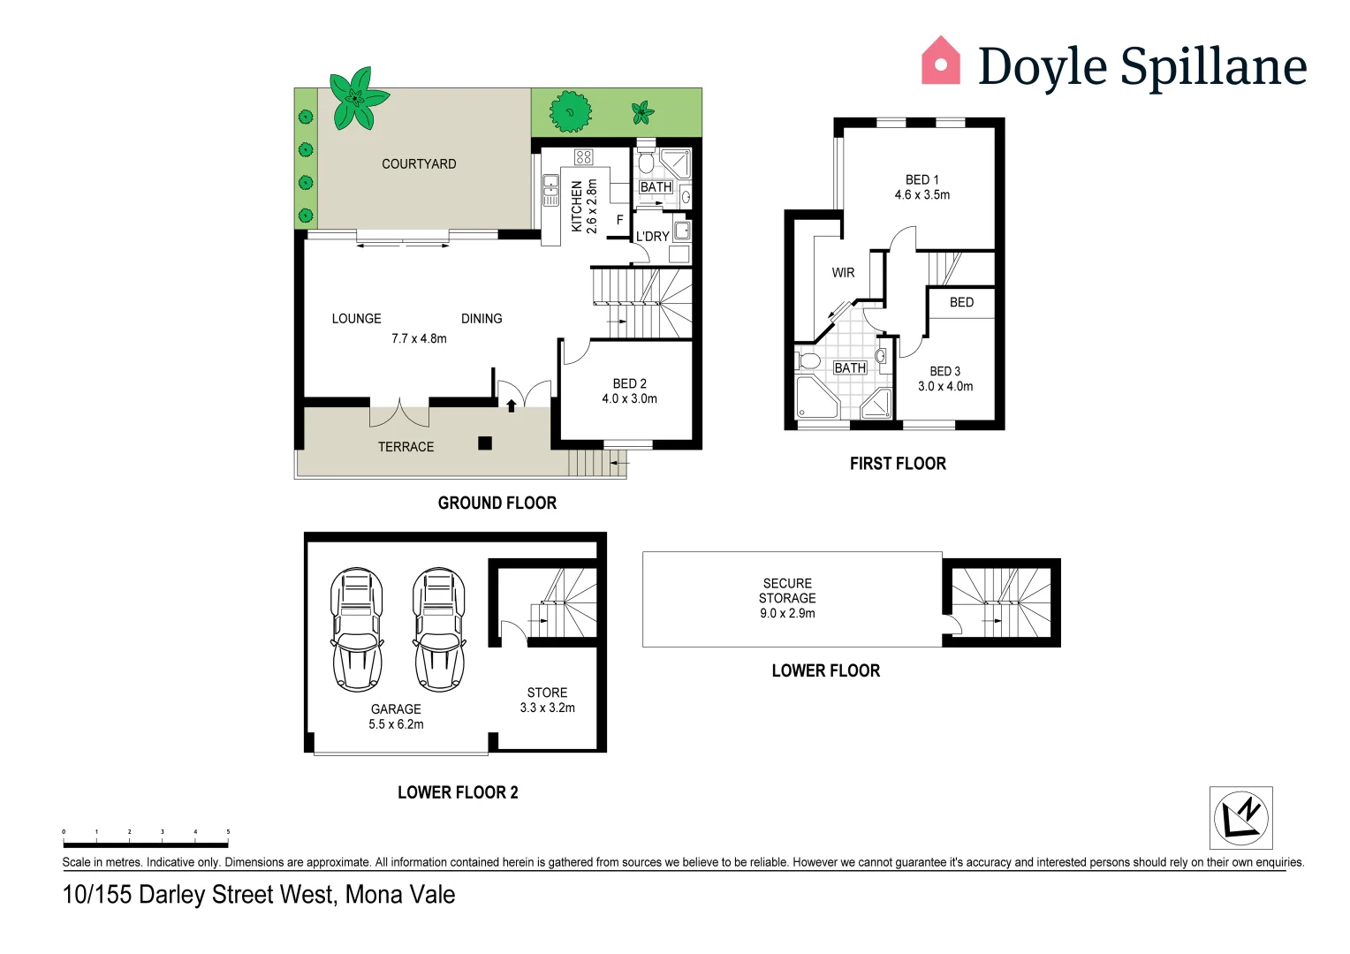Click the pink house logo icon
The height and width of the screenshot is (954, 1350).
(940, 61)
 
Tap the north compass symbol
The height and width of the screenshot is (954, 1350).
(1240, 817)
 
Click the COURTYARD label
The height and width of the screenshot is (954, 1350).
(419, 163)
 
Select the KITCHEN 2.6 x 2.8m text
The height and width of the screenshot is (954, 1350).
(584, 206)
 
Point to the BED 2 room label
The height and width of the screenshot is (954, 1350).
(629, 390)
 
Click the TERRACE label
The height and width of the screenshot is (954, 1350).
(406, 447)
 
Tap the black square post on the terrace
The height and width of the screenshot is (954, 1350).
(485, 443)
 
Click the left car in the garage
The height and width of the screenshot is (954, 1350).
(357, 629)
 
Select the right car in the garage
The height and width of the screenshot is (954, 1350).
(439, 629)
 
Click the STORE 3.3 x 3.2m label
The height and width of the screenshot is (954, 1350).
(547, 700)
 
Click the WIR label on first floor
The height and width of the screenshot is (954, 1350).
(843, 273)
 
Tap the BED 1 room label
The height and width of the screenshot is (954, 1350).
(921, 186)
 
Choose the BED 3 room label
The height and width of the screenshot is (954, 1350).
(944, 379)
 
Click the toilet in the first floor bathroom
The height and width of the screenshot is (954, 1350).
(808, 361)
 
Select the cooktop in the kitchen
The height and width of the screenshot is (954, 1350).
(583, 157)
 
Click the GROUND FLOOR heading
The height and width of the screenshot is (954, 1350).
(497, 503)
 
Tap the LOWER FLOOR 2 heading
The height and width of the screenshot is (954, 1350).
(458, 792)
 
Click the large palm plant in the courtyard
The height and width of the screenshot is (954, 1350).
(357, 96)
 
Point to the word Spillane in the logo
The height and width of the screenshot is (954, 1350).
(1213, 67)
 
